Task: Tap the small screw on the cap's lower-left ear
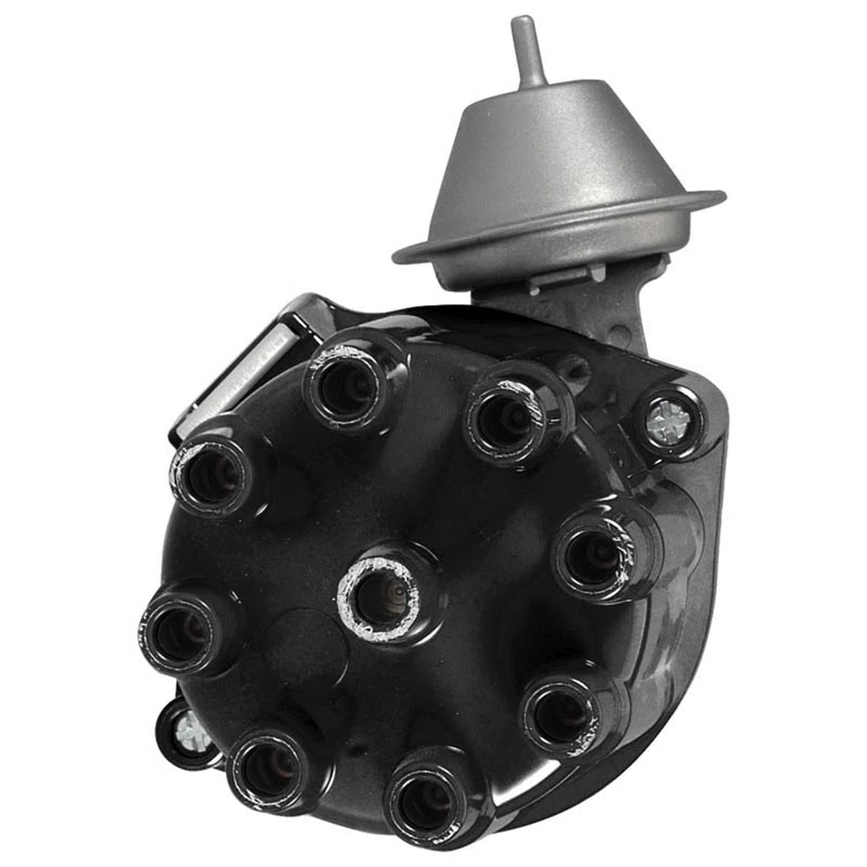coord(191,732)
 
